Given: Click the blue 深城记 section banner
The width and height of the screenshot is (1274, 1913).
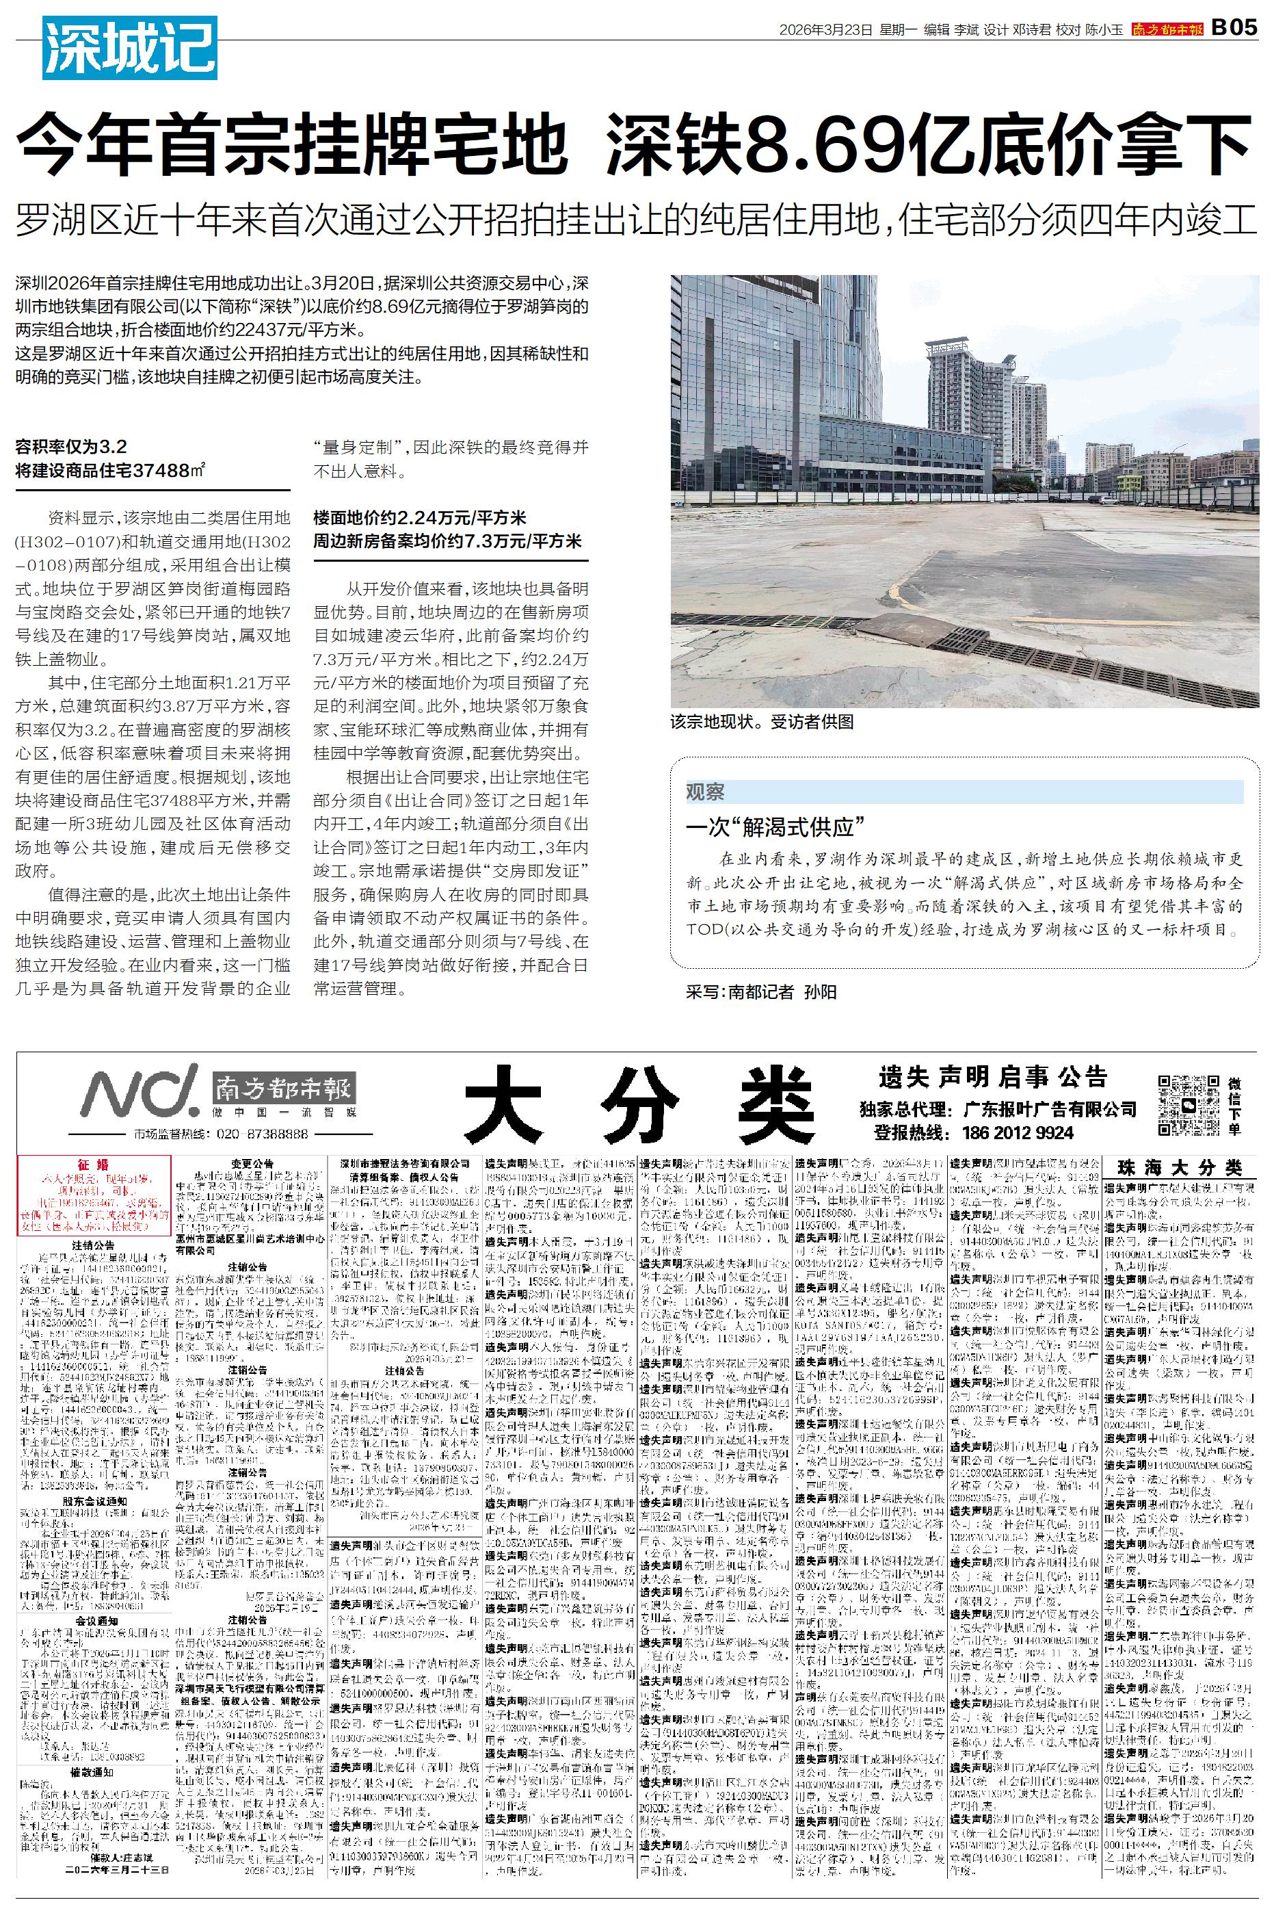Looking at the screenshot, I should point(130,48).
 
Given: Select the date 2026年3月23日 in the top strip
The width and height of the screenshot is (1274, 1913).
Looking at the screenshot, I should point(825,29).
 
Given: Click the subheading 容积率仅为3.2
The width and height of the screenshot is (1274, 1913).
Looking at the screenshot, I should point(72,446).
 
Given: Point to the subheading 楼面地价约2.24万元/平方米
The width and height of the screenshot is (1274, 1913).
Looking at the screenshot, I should point(420,518).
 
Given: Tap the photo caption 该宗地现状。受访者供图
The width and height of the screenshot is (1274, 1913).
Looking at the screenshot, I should point(762,722).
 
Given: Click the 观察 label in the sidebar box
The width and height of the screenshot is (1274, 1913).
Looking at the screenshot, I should point(705,792).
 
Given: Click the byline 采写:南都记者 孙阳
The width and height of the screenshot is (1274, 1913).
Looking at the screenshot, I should point(760,991).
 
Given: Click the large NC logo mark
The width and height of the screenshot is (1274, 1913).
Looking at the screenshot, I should point(140,1091).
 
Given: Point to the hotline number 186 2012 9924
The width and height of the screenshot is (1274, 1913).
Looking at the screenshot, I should point(1018,1132).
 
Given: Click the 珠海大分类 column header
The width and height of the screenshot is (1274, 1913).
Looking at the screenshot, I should point(1180,1168).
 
